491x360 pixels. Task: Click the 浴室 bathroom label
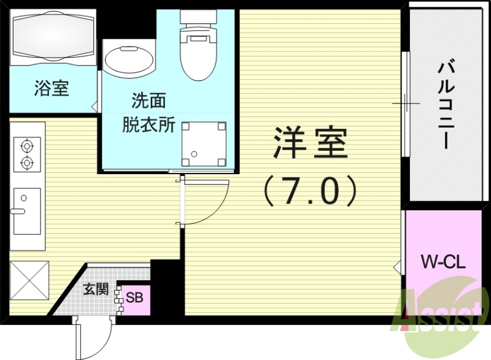coord(51,88)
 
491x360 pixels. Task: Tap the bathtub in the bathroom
coord(53,36)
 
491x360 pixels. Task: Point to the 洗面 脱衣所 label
coord(149,112)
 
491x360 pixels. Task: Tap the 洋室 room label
coord(309,142)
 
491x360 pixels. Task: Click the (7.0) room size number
coord(309,190)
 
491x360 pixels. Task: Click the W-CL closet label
coord(443,264)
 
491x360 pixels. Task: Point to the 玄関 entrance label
coord(96,289)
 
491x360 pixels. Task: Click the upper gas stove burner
coord(26,146)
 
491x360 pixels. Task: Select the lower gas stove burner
coord(26,163)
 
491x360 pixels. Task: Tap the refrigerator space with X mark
coord(28,280)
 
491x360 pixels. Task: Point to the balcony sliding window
coord(405,104)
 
